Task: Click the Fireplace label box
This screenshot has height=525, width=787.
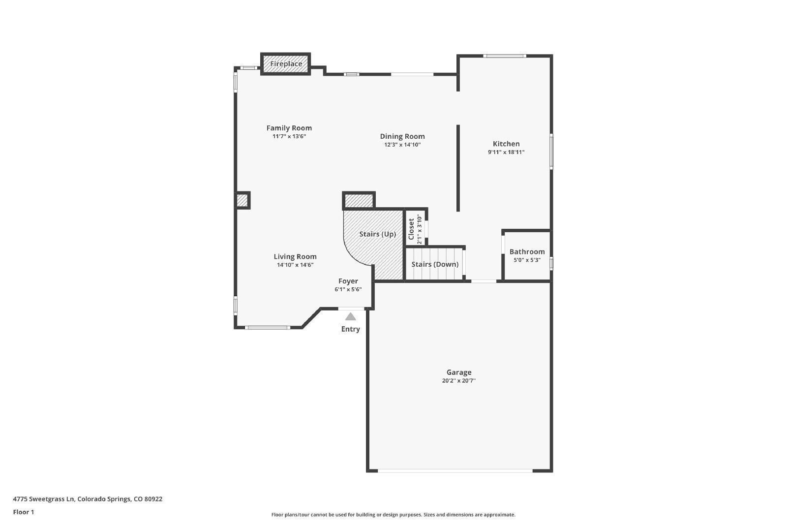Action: tap(286, 64)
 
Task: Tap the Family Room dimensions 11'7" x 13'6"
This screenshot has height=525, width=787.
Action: tap(289, 136)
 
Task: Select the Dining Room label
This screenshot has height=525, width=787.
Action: tap(402, 136)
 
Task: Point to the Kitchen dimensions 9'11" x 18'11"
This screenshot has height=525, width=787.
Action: tap(506, 152)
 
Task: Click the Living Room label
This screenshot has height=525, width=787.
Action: tap(295, 257)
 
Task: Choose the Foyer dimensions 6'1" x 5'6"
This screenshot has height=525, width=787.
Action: tap(348, 289)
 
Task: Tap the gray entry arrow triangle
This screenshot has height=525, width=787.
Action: tap(350, 316)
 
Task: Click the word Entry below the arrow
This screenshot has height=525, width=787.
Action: tap(350, 329)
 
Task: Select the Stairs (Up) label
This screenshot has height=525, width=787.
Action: tap(378, 234)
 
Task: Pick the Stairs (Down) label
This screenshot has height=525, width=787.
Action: tap(435, 264)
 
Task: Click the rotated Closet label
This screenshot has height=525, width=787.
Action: tap(411, 229)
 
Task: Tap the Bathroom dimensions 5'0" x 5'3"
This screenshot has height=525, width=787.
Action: tap(527, 260)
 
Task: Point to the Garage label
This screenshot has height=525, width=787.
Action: tap(459, 372)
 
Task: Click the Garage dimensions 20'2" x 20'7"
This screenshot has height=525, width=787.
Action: tap(459, 380)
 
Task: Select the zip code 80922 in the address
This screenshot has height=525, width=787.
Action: tap(153, 499)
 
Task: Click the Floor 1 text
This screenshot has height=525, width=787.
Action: tap(24, 512)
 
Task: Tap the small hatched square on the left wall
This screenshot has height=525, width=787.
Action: tap(242, 201)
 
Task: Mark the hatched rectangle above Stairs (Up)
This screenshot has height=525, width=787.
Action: tap(359, 201)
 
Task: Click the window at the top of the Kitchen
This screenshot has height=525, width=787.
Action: tap(505, 56)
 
